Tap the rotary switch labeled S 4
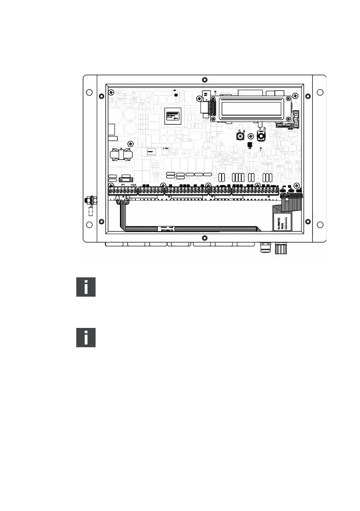(240, 137)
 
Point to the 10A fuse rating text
(133, 184)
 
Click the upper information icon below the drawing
(86, 287)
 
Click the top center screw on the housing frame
(204, 80)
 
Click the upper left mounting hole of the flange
(89, 92)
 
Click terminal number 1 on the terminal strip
(111, 189)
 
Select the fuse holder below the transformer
(126, 180)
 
